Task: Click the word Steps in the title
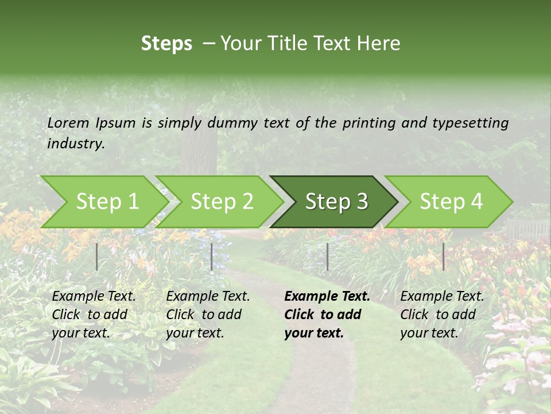[x=166, y=44]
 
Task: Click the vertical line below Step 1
[x=97, y=256]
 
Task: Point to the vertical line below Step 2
[x=212, y=256]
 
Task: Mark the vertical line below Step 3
[x=327, y=256]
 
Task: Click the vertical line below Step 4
[x=444, y=256]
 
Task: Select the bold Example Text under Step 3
[x=327, y=315]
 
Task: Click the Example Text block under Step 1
[x=94, y=315]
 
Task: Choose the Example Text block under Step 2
[x=208, y=315]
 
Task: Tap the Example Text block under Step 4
[x=442, y=315]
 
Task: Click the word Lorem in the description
[x=68, y=123]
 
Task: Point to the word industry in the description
[x=76, y=144]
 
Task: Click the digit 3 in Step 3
[x=360, y=202]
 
